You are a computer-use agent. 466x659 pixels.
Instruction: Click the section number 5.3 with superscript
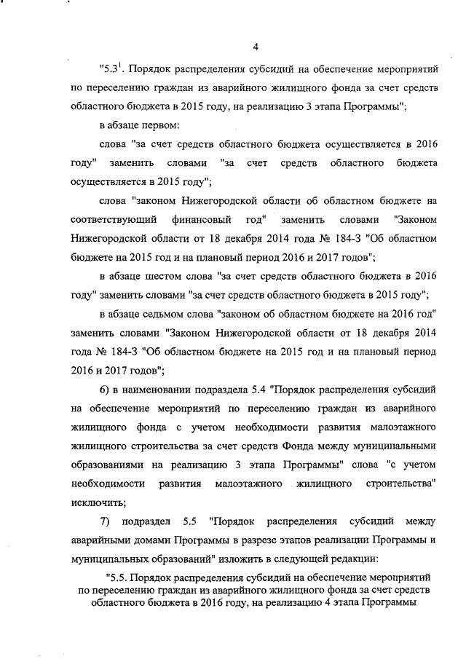(x=112, y=70)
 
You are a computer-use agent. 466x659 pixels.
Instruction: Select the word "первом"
(x=149, y=125)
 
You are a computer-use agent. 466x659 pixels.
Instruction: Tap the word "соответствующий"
(x=108, y=219)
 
